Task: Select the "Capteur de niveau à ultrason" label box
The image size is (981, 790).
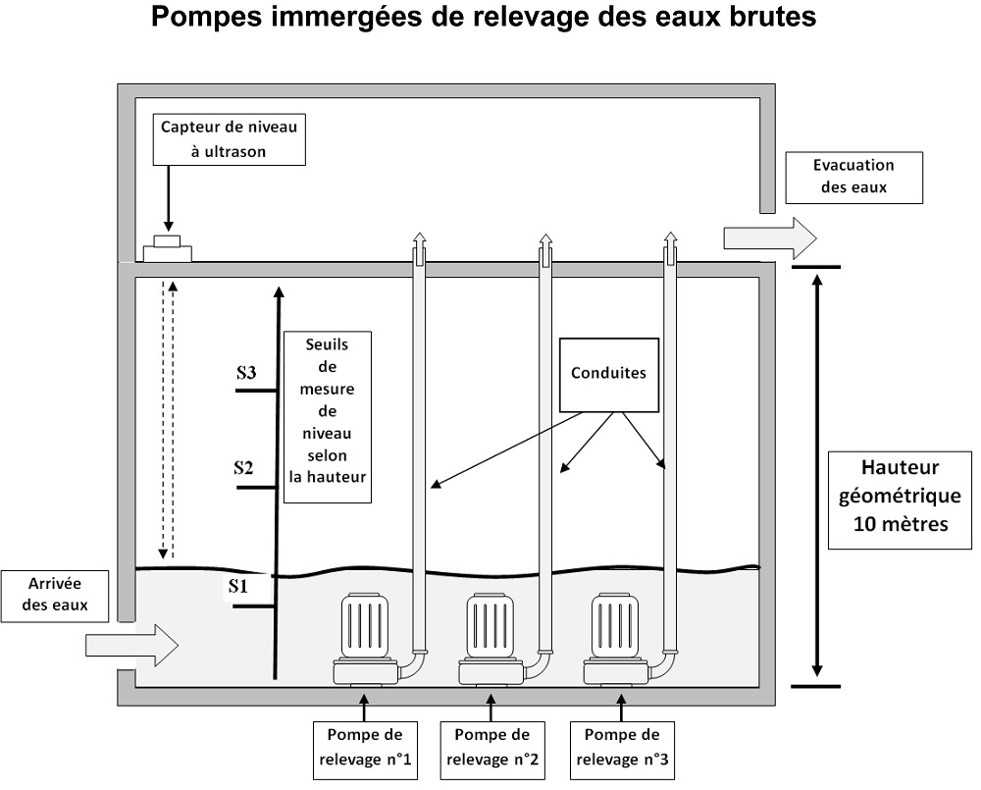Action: pyautogui.click(x=229, y=139)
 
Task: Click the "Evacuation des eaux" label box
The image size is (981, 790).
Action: pyautogui.click(x=854, y=178)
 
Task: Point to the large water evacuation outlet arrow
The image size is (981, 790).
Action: pyautogui.click(x=770, y=238)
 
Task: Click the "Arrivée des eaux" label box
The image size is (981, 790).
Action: pyautogui.click(x=54, y=596)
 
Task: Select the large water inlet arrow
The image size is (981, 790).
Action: pyautogui.click(x=132, y=645)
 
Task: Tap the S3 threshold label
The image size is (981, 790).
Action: pyautogui.click(x=246, y=373)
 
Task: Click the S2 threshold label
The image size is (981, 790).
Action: pyautogui.click(x=243, y=468)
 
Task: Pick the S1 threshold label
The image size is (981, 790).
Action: pyautogui.click(x=237, y=587)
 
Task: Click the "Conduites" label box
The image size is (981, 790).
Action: pyautogui.click(x=609, y=375)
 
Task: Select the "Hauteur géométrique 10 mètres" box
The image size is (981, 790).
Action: pyautogui.click(x=901, y=500)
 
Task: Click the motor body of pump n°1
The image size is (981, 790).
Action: pyautogui.click(x=365, y=625)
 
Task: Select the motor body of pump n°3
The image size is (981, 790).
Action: pyautogui.click(x=615, y=625)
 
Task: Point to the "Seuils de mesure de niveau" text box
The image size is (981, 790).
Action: pyautogui.click(x=328, y=417)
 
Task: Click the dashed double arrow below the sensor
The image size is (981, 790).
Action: pyautogui.click(x=168, y=419)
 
